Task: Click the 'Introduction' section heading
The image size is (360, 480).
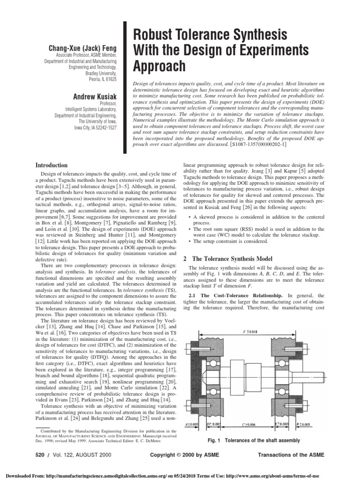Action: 52,165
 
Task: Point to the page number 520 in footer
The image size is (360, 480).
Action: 42,455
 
